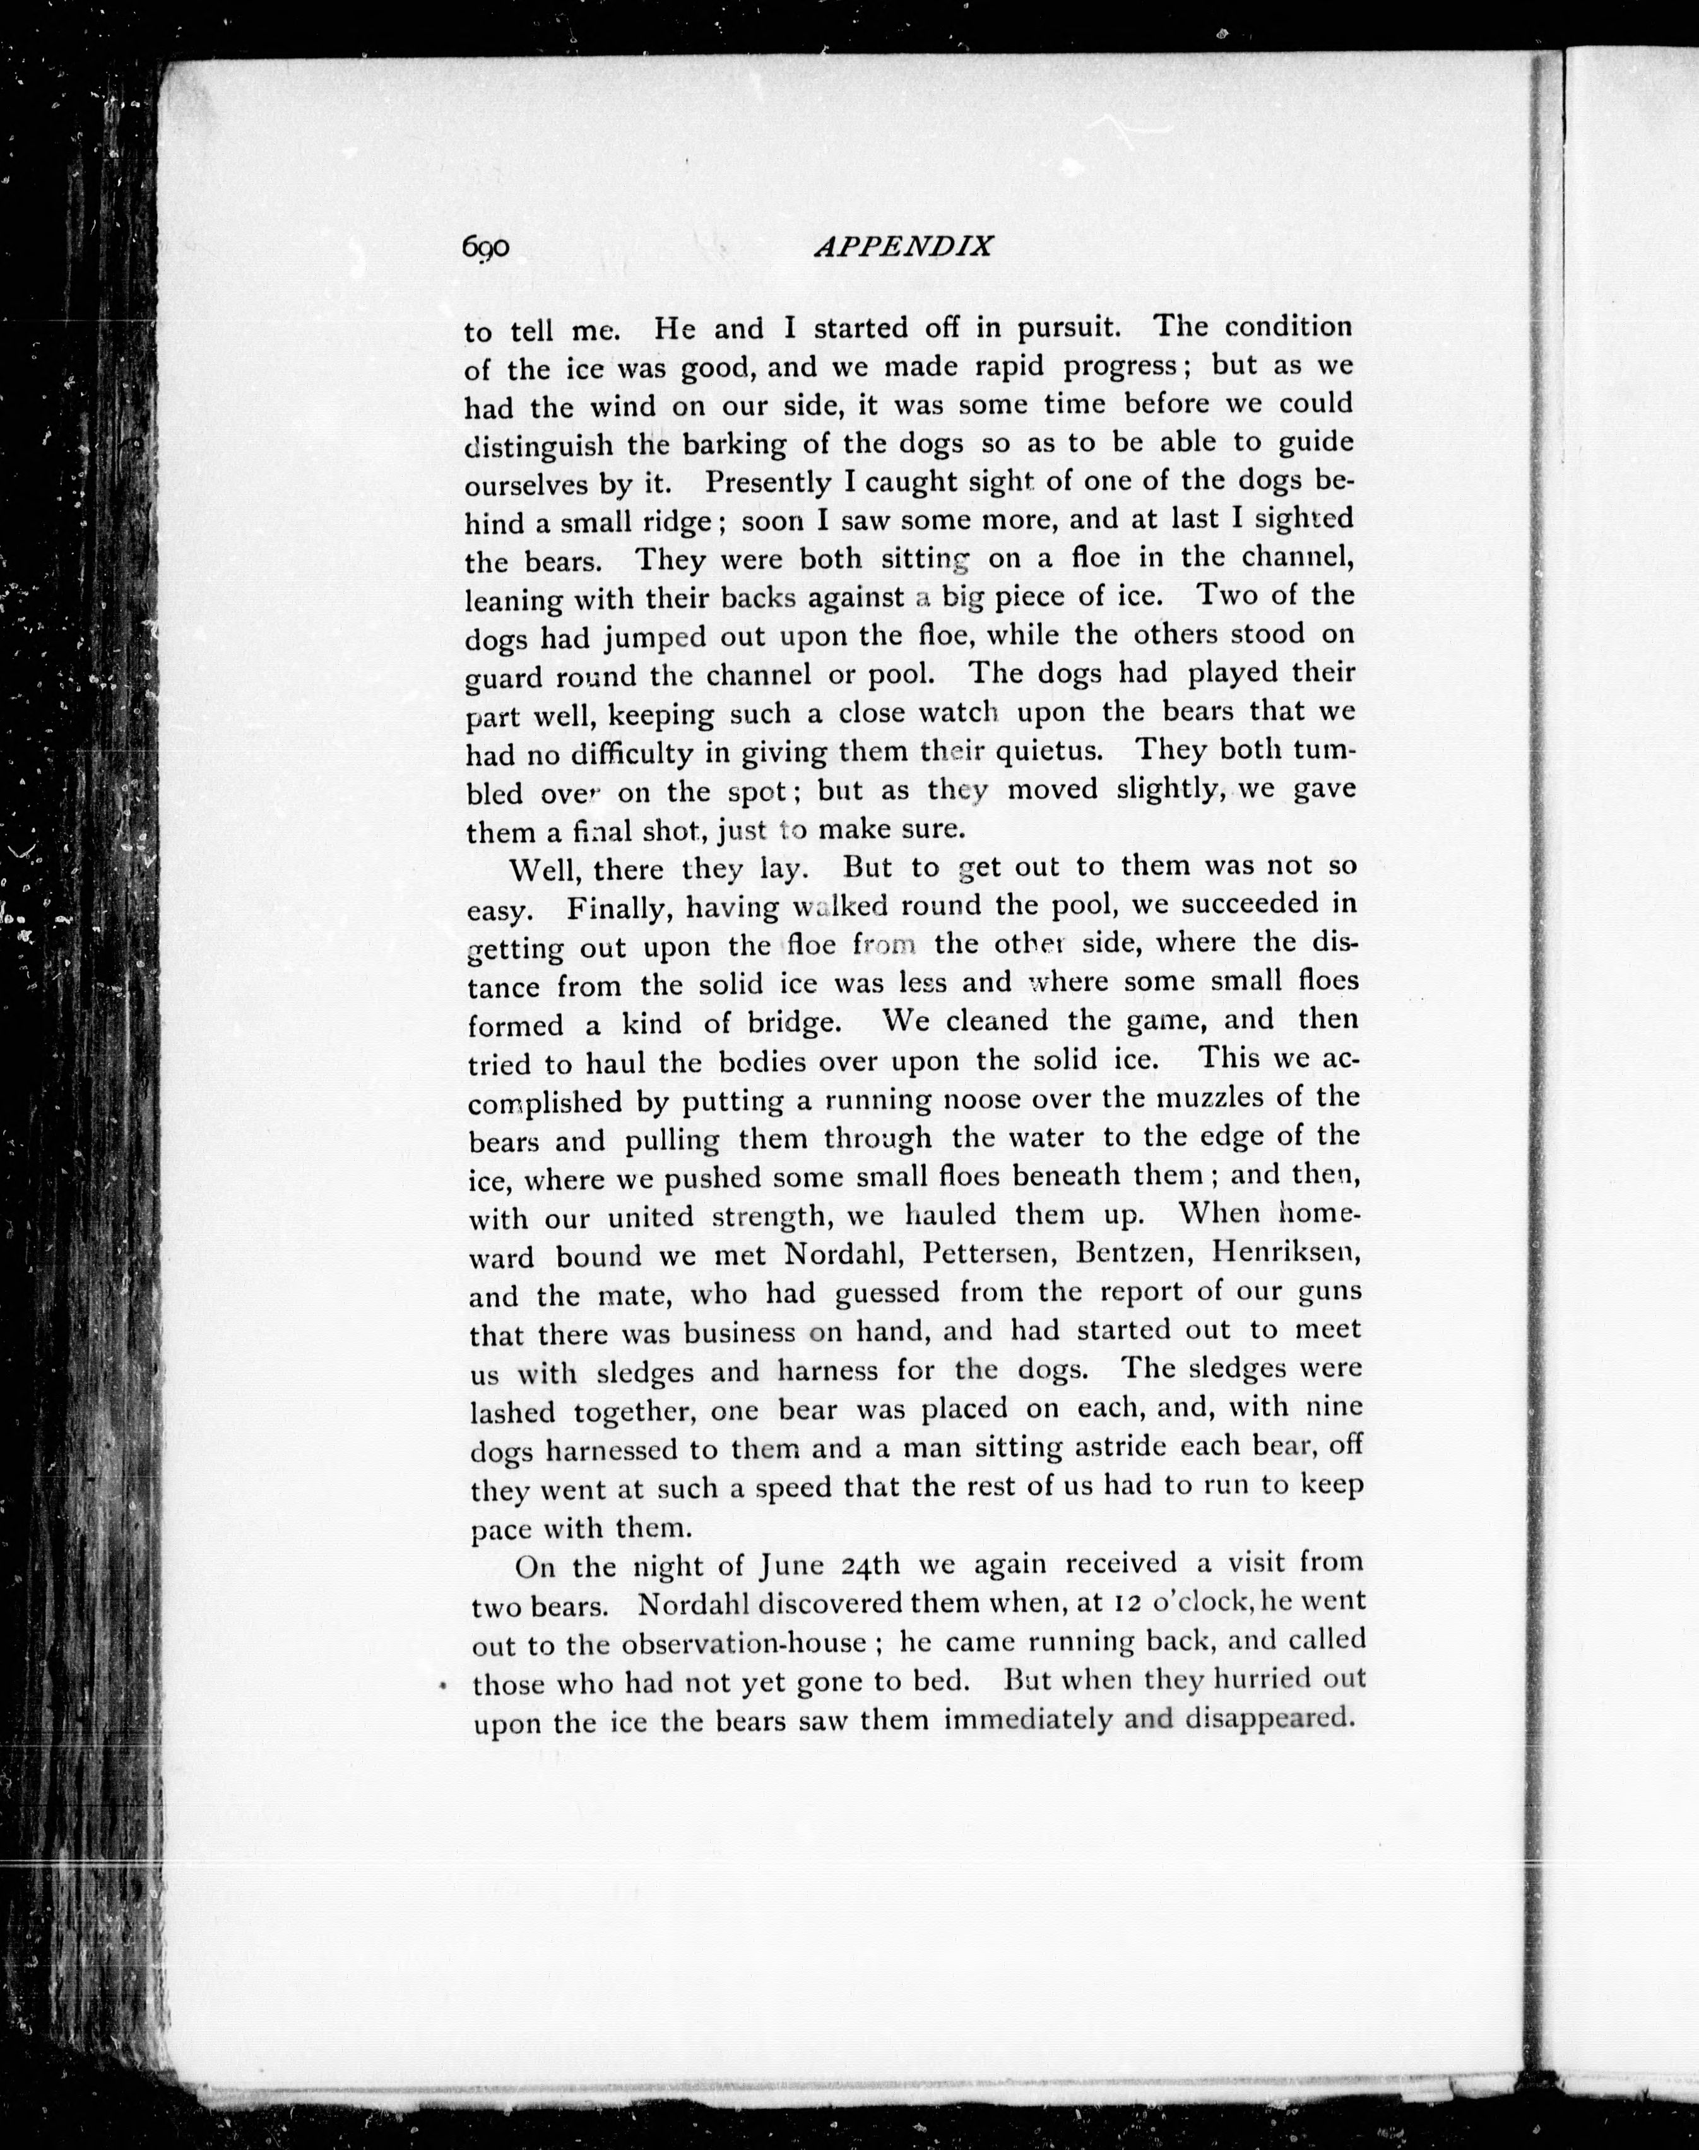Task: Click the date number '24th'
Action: [x=870, y=1565]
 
